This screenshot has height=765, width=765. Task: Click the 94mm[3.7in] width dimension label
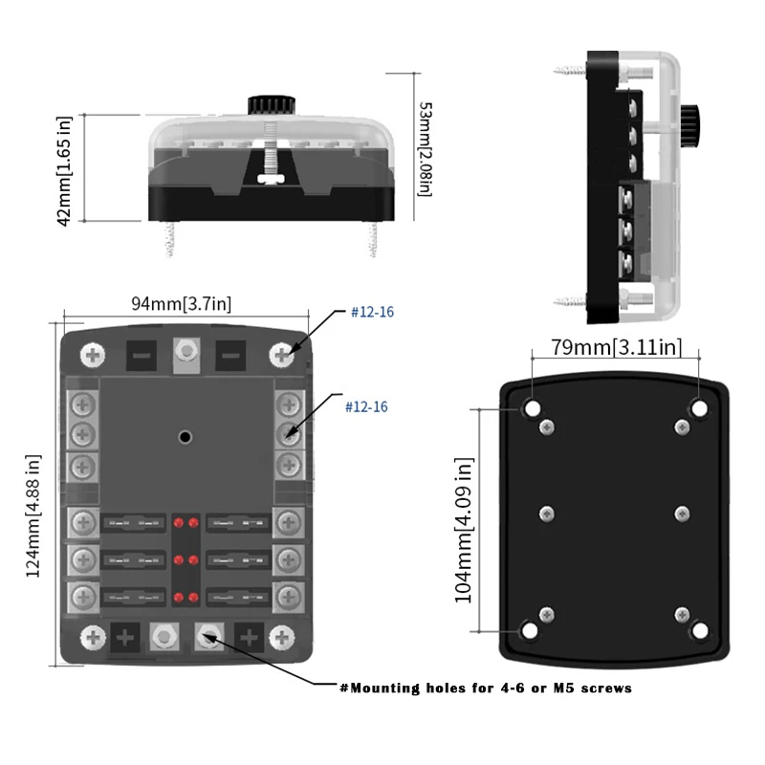(x=181, y=304)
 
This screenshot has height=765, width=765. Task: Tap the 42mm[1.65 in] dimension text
(x=64, y=171)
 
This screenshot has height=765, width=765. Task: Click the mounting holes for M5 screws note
(x=486, y=688)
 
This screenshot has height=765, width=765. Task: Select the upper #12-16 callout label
(x=373, y=313)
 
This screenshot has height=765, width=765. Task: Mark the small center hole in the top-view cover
(x=185, y=436)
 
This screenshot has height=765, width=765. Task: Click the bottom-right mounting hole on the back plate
(x=699, y=630)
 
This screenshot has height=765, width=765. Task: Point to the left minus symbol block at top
(x=142, y=356)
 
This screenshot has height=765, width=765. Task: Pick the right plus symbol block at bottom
(x=249, y=637)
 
